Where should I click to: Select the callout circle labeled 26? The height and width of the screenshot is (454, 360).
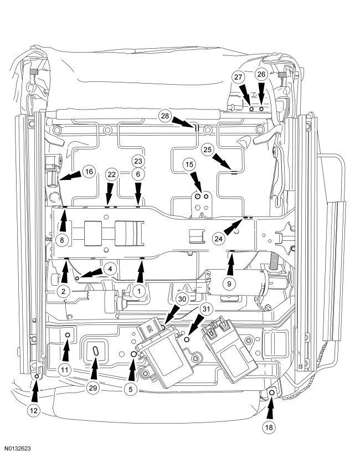(261, 74)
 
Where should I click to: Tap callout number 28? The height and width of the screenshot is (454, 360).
(164, 116)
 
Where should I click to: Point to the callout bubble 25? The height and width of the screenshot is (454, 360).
(207, 149)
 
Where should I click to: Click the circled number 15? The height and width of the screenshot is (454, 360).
(190, 164)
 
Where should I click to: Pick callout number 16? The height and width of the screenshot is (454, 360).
(89, 172)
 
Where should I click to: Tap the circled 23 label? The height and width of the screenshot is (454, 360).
(137, 161)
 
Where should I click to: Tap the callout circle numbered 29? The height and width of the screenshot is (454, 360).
(93, 388)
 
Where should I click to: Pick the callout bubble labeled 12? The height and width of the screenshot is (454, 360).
(35, 411)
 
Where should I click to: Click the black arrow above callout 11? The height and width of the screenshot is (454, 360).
(66, 349)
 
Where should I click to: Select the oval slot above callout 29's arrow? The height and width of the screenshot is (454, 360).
(96, 350)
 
